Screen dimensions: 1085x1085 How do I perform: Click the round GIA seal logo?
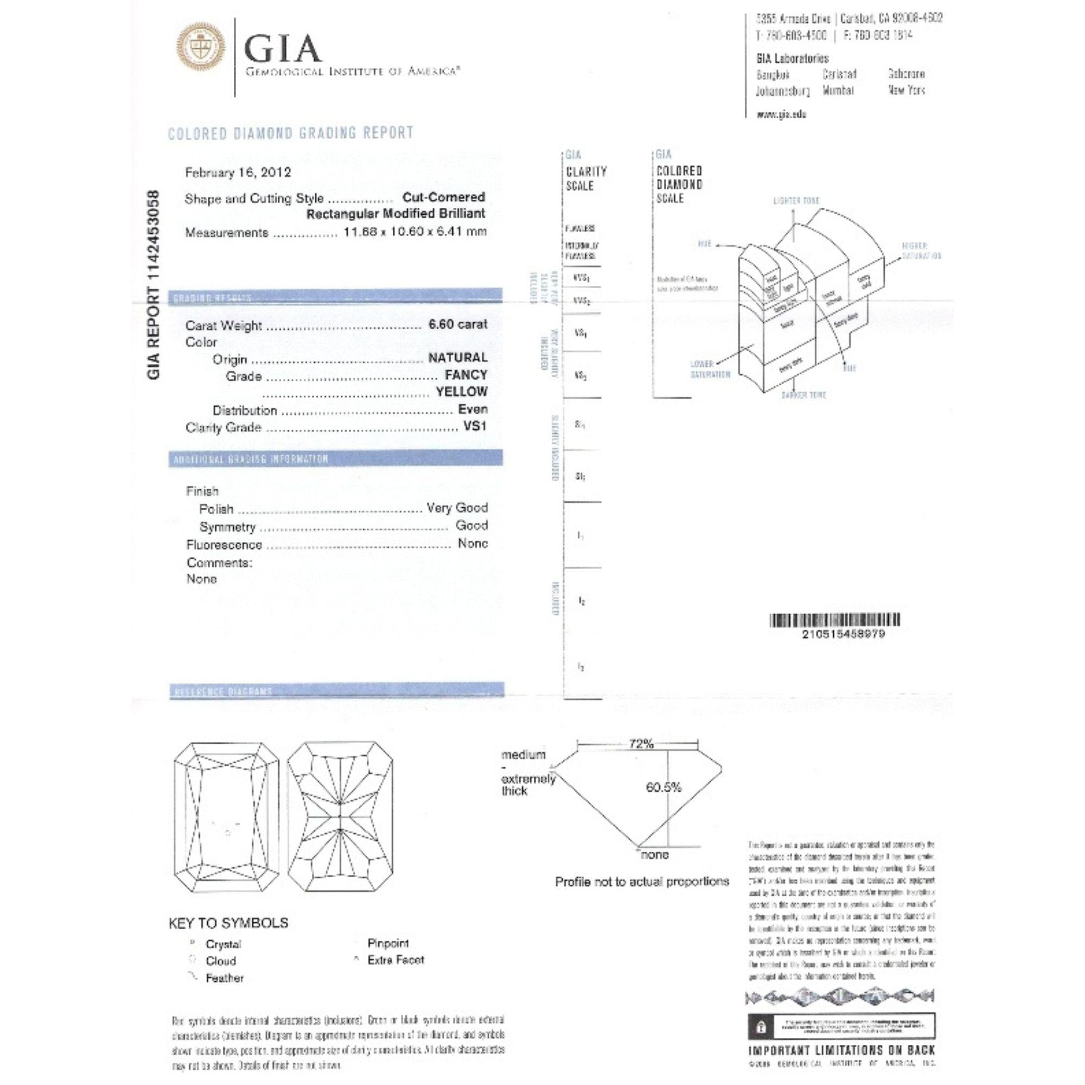(x=201, y=50)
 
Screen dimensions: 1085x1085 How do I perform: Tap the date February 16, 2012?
(x=238, y=173)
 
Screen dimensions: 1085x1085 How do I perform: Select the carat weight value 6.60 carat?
(x=458, y=324)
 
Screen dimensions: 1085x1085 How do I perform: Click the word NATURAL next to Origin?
(x=458, y=358)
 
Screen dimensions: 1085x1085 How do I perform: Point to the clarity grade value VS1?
(x=475, y=426)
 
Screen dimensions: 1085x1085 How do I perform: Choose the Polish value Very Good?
(x=457, y=508)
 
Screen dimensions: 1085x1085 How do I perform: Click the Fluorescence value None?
(x=473, y=543)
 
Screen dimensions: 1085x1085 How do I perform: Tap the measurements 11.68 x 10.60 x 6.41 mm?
(x=415, y=232)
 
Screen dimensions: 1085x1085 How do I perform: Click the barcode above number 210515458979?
(x=834, y=620)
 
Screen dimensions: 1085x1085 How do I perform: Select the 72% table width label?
(x=641, y=744)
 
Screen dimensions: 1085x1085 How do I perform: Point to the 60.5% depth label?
(x=663, y=787)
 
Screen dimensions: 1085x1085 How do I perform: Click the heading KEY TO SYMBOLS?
(x=228, y=923)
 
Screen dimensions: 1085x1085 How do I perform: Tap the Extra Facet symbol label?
(x=395, y=960)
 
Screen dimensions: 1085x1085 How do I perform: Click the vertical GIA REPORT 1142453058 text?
(x=154, y=285)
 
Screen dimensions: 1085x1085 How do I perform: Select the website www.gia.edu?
(x=781, y=114)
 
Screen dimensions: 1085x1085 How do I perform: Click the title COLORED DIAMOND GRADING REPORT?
(x=291, y=133)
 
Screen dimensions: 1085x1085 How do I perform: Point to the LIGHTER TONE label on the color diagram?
(x=796, y=201)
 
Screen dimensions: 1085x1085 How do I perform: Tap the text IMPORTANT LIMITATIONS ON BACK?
(x=841, y=1050)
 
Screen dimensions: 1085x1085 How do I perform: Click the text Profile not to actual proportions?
(x=642, y=882)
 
